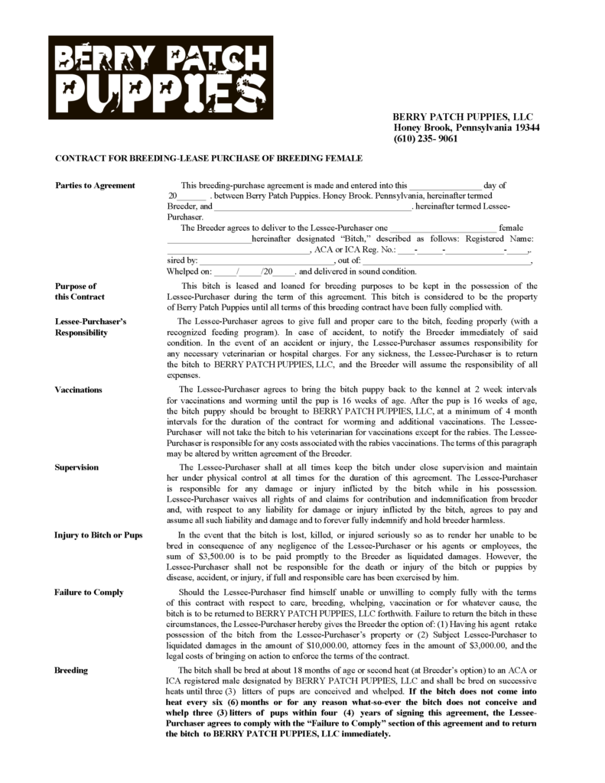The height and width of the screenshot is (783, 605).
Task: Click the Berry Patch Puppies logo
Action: (161, 77)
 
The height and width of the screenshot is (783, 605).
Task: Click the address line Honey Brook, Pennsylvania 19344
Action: (467, 128)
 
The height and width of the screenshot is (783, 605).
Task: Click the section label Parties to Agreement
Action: (95, 185)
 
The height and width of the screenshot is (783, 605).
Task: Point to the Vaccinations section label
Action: (78, 389)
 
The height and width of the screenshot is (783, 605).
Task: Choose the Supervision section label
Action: (76, 466)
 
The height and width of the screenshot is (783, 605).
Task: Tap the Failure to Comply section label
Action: (89, 593)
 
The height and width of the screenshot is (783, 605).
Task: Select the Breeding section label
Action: (71, 670)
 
